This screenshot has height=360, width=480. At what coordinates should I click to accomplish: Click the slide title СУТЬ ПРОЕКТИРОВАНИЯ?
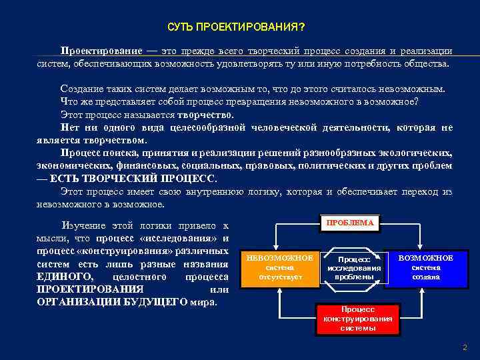237,28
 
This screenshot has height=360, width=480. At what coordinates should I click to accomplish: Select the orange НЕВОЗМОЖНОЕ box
275,267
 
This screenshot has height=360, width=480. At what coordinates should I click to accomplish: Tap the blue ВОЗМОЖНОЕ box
426,267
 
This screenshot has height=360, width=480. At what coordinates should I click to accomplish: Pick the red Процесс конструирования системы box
358,319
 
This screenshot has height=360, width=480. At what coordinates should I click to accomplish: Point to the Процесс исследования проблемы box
354,268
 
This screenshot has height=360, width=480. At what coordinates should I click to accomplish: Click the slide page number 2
465,347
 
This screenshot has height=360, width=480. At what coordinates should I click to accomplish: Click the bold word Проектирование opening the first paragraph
101,51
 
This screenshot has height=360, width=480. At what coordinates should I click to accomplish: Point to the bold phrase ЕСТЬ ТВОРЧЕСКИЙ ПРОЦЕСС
133,179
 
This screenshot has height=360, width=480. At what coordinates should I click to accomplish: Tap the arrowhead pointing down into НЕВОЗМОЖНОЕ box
275,247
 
